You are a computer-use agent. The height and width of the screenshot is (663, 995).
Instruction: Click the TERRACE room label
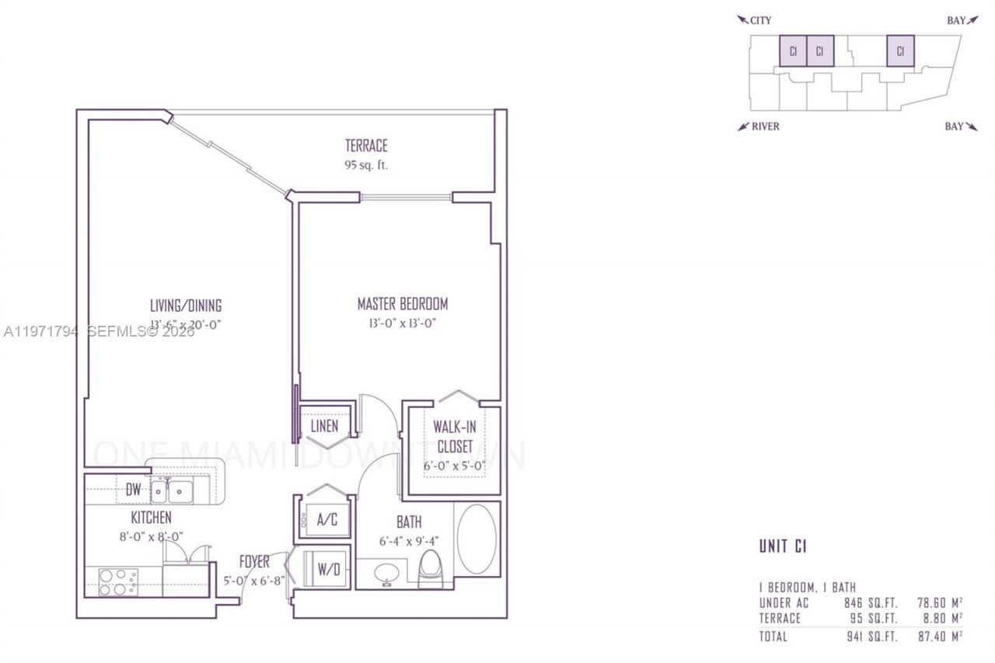(x=366, y=145)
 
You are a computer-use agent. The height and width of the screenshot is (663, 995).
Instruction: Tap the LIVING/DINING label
(x=186, y=305)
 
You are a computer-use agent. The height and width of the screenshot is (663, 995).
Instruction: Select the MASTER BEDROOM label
(x=402, y=304)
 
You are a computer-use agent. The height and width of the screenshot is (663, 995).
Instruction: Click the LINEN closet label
(x=324, y=426)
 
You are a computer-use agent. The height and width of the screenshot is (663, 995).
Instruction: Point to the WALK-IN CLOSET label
(x=455, y=437)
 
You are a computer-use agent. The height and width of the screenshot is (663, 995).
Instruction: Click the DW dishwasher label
(x=133, y=490)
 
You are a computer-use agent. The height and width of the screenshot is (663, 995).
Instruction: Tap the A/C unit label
(x=326, y=520)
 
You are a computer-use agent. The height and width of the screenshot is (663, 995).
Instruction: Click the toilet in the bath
(x=429, y=567)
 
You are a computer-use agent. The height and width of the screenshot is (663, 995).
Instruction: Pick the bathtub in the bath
(x=476, y=539)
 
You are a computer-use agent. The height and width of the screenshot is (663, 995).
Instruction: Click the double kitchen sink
(x=173, y=490)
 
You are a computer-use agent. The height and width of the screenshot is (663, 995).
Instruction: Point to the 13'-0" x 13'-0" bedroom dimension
(x=402, y=323)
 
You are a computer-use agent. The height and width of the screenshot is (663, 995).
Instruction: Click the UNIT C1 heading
(x=783, y=546)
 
